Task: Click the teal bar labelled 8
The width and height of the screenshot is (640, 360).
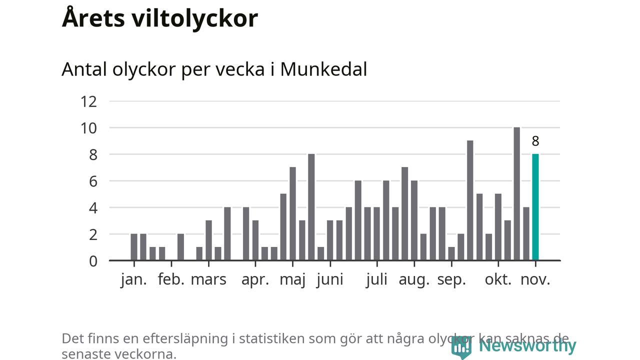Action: [535, 207]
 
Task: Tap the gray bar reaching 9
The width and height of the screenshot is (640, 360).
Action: [470, 200]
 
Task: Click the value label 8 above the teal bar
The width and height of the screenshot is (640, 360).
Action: [535, 141]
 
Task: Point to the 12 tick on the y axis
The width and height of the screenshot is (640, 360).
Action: [88, 101]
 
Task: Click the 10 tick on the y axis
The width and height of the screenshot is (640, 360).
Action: [88, 128]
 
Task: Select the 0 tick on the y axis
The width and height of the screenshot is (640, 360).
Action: [93, 261]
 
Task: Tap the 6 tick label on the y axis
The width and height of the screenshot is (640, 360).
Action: [93, 181]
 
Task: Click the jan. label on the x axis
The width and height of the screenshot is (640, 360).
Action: [134, 279]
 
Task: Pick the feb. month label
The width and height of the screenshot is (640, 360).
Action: [171, 279]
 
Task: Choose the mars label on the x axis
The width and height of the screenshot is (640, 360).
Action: [208, 279]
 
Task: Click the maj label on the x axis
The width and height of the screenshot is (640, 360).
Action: [292, 280]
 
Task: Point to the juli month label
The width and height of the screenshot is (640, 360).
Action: [376, 279]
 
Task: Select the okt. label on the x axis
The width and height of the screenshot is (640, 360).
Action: [498, 279]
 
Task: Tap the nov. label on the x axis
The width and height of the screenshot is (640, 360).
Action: [535, 279]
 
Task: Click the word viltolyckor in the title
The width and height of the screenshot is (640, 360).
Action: [195, 18]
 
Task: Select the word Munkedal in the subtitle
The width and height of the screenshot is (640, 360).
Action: [323, 69]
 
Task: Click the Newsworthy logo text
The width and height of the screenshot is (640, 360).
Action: [527, 345]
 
